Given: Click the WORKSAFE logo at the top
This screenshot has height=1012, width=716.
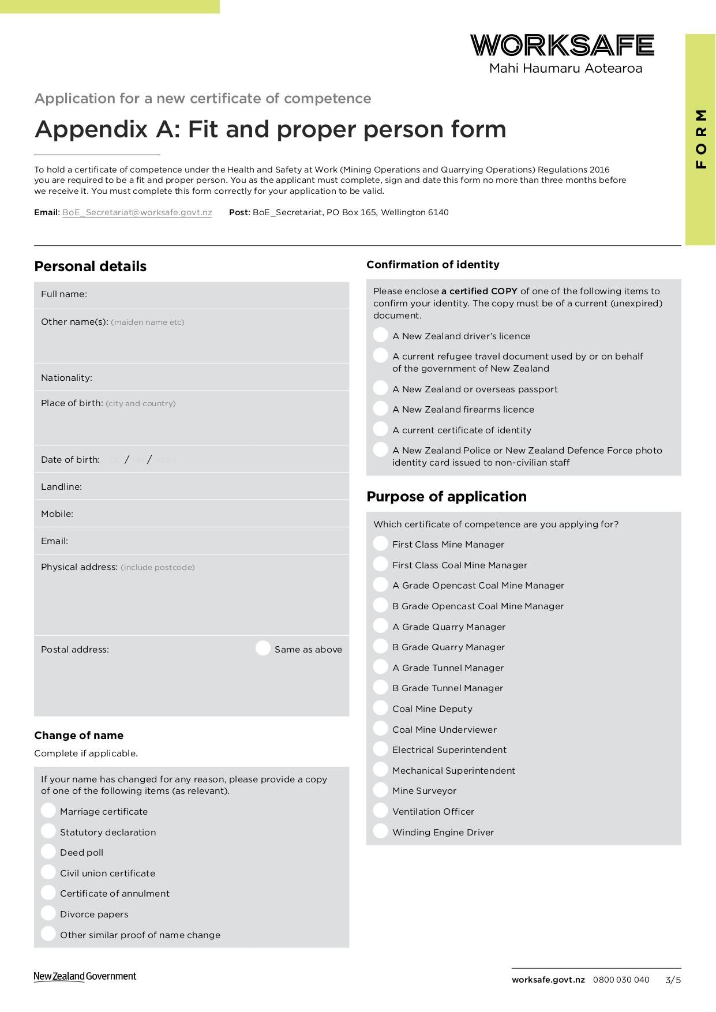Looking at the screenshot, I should point(562,46).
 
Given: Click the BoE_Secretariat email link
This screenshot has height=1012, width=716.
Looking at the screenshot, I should point(137,212).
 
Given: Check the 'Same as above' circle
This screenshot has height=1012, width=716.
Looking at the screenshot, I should point(263,649).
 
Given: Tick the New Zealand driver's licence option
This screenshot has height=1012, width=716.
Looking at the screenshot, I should point(380,335).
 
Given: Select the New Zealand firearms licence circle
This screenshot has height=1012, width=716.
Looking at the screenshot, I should point(380,408).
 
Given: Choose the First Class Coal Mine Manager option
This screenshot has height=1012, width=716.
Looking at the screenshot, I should point(380,564).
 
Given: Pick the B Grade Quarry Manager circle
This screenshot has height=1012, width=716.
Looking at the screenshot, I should point(380,646).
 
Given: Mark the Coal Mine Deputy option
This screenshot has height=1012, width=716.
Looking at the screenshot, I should point(380,708).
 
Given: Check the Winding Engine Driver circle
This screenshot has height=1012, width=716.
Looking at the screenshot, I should point(380,831).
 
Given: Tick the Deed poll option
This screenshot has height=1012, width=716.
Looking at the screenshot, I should point(48,852).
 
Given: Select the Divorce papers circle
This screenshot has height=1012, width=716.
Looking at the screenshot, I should point(48,913).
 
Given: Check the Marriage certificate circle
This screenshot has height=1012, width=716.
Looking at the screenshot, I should point(48,811).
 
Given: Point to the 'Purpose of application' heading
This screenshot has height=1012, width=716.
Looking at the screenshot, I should point(447,497).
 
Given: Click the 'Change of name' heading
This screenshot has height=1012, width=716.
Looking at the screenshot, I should point(78,736).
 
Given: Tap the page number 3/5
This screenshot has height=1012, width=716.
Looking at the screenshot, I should point(673,980).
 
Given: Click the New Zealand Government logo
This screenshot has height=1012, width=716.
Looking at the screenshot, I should point(85,977).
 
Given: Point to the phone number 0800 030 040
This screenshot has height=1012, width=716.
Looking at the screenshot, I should point(621,980).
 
